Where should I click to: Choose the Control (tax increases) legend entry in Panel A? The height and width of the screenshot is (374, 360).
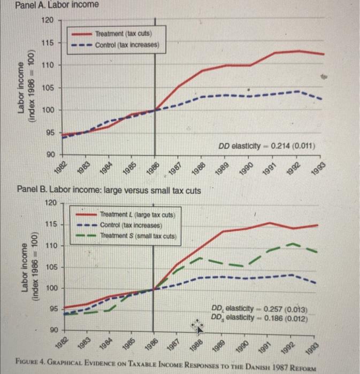(126, 44)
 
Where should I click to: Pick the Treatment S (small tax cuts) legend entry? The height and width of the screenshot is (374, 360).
(138, 236)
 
